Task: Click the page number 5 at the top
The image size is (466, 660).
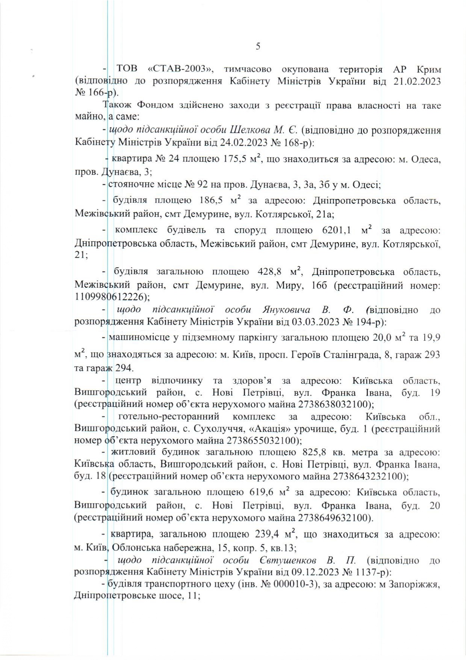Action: (258, 47)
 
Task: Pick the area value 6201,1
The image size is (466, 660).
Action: (338, 230)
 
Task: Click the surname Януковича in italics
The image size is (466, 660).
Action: (286, 310)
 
